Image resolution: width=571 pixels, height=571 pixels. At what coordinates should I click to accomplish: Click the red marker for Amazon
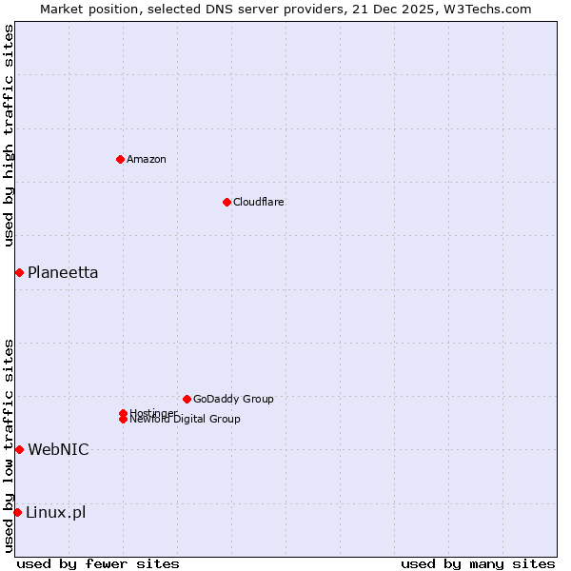tap(120, 159)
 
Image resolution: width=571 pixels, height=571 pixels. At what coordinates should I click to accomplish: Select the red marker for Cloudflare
tap(226, 202)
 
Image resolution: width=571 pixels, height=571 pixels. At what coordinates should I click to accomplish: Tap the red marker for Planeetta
tap(19, 273)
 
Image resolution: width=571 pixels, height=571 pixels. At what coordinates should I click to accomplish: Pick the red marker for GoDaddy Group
tap(187, 399)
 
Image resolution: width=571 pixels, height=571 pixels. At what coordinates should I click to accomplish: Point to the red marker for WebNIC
tap(19, 449)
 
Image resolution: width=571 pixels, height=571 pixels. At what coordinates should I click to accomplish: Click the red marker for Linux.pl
tap(17, 513)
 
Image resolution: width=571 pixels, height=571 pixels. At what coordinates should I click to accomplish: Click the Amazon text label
tap(146, 159)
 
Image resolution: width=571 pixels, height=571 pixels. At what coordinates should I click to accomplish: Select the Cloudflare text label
tap(258, 202)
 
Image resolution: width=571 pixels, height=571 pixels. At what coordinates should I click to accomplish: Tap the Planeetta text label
tap(63, 273)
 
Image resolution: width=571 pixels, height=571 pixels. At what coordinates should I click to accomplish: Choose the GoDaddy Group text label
tap(233, 399)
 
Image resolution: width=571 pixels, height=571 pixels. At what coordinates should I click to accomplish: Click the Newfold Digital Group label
tap(185, 420)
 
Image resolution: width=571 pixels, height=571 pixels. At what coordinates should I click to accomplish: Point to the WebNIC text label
tap(58, 449)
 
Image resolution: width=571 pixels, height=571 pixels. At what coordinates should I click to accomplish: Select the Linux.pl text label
tap(55, 513)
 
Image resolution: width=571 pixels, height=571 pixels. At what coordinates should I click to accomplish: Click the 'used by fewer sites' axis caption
tap(98, 563)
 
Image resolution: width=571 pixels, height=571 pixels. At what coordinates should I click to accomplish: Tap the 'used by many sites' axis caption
tap(478, 563)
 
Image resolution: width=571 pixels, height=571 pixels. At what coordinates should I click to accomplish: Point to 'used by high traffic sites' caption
tap(10, 135)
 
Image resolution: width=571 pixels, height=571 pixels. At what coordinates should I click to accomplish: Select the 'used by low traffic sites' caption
tap(10, 445)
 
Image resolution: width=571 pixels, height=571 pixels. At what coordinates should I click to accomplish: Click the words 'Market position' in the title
tap(85, 9)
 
